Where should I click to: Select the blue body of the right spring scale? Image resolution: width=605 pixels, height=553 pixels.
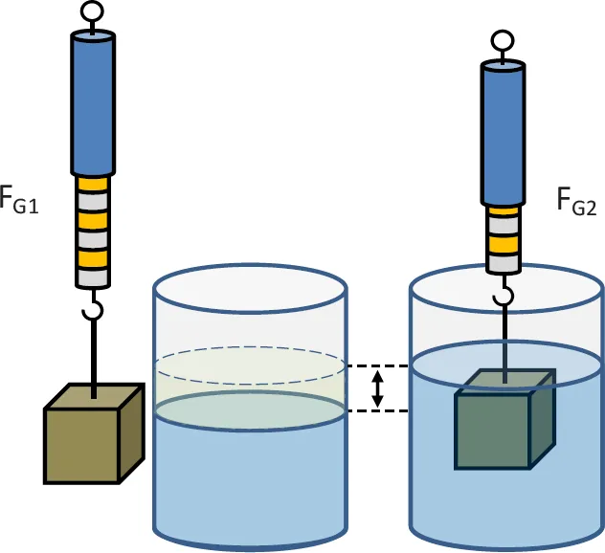click(502, 134)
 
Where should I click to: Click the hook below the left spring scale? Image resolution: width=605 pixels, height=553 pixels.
click(93, 311)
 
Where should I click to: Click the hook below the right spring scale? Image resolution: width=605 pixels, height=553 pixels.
click(502, 296)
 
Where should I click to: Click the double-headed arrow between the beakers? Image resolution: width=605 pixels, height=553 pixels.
click(378, 388)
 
